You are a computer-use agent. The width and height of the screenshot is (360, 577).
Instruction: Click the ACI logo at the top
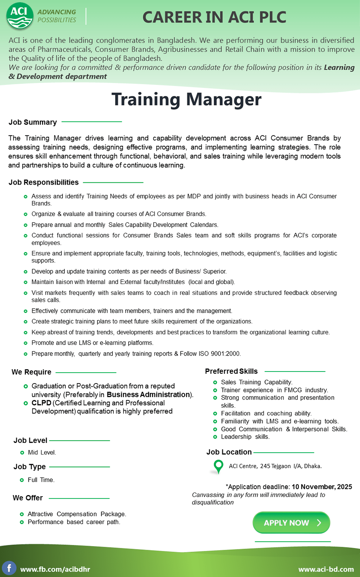pos(20,16)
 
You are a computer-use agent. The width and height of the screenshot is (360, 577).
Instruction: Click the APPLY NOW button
pos(291,523)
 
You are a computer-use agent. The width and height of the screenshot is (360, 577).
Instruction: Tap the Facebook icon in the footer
pos(9,568)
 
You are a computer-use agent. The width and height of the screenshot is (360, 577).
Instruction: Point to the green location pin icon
pos(218,466)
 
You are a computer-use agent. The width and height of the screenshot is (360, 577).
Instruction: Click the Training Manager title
pos(186,100)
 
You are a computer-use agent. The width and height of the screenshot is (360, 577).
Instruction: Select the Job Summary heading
pos(33,122)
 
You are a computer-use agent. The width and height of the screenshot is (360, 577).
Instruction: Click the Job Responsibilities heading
pos(44,182)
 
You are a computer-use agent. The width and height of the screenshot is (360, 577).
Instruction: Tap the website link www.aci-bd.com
pos(326,569)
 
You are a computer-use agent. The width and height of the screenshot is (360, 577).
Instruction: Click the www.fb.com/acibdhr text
pos(55,569)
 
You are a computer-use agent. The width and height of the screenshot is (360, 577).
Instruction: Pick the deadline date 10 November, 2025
pos(322,487)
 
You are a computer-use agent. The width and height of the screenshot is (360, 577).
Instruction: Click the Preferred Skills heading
pos(231,371)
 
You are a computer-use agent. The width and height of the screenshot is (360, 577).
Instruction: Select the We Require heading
pos(31,372)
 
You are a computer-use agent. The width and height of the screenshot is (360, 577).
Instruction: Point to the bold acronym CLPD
pos(41,403)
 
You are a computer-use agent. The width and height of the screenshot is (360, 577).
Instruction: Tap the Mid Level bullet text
pos(42,453)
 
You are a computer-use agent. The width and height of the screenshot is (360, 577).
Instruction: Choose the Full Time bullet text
pos(41,480)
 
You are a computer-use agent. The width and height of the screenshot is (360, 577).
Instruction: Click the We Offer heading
pos(28,498)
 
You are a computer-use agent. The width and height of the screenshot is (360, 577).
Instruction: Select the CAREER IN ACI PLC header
pos(214,17)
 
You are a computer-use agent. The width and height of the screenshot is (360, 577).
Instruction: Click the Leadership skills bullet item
pos(245,437)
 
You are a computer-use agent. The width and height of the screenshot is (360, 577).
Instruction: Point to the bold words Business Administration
pos(148,395)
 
